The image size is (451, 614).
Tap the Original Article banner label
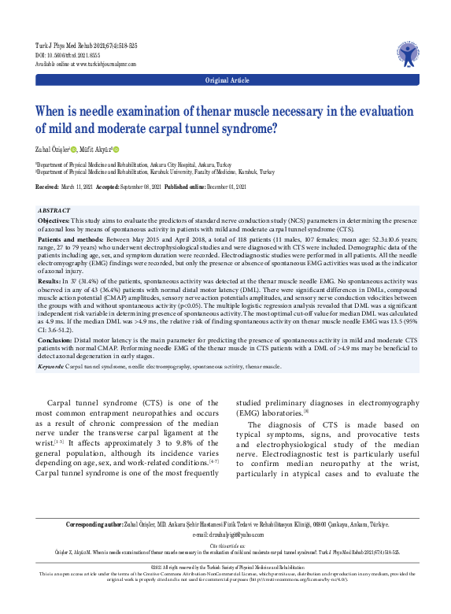(x=227, y=80)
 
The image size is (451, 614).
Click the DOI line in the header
(x=68, y=56)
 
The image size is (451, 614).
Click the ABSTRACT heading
(x=57, y=212)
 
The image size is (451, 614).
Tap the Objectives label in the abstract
(x=54, y=222)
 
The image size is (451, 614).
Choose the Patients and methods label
(x=72, y=238)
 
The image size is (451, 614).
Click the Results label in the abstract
(x=49, y=279)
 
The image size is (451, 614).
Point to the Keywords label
(x=50, y=366)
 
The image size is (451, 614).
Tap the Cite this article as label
(x=225, y=545)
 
